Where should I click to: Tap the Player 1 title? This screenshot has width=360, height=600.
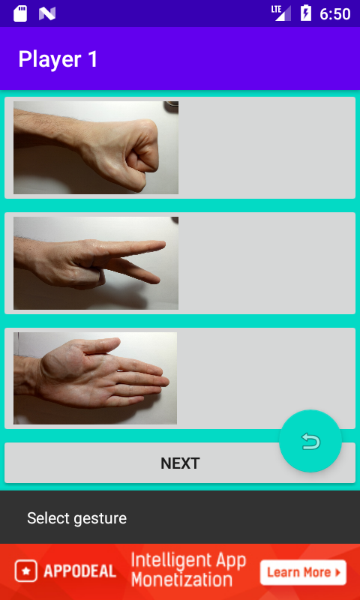[58, 59]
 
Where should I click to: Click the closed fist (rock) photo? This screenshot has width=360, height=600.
[96, 148]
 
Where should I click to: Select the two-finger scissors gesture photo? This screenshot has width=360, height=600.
[96, 263]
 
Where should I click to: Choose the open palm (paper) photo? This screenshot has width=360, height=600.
[95, 378]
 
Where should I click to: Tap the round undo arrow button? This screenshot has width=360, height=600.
[310, 441]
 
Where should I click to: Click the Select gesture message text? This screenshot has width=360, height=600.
[77, 518]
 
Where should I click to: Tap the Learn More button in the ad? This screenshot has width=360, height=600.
[304, 572]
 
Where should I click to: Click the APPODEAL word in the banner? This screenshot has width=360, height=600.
[79, 571]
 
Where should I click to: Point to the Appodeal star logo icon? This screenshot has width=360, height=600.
[26, 571]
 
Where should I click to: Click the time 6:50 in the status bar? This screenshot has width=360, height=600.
[335, 14]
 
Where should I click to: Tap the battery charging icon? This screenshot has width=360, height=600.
[306, 13]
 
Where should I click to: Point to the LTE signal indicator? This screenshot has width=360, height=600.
[281, 13]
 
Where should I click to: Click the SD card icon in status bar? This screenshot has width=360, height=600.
[20, 13]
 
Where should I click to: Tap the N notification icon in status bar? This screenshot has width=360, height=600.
[47, 13]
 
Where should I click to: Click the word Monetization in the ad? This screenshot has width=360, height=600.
[181, 579]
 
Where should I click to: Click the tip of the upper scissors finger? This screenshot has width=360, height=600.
[163, 244]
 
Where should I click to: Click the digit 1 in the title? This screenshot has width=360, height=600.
[93, 60]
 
